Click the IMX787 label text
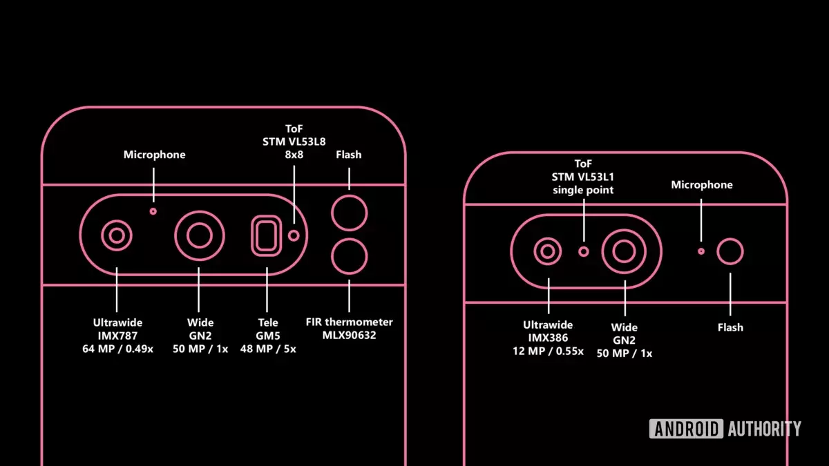click(x=117, y=336)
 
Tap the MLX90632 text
click(x=349, y=335)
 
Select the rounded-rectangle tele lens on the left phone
click(x=267, y=235)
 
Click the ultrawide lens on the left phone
click(x=117, y=235)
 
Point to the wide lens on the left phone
click(x=200, y=235)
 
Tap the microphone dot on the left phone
click(x=153, y=211)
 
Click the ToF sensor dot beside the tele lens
click(x=294, y=235)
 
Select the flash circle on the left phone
click(x=350, y=213)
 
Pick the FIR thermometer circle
click(x=350, y=256)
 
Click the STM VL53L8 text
click(x=294, y=142)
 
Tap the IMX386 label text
click(x=548, y=338)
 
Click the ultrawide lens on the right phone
click(x=548, y=251)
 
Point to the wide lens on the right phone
click(x=625, y=251)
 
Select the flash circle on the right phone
click(x=730, y=251)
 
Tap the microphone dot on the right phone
click(x=701, y=251)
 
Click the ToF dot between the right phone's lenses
click(x=584, y=252)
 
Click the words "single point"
click(x=583, y=190)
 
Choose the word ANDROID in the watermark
click(x=686, y=429)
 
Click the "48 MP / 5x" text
click(x=268, y=349)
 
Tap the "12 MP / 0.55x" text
click(x=548, y=351)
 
